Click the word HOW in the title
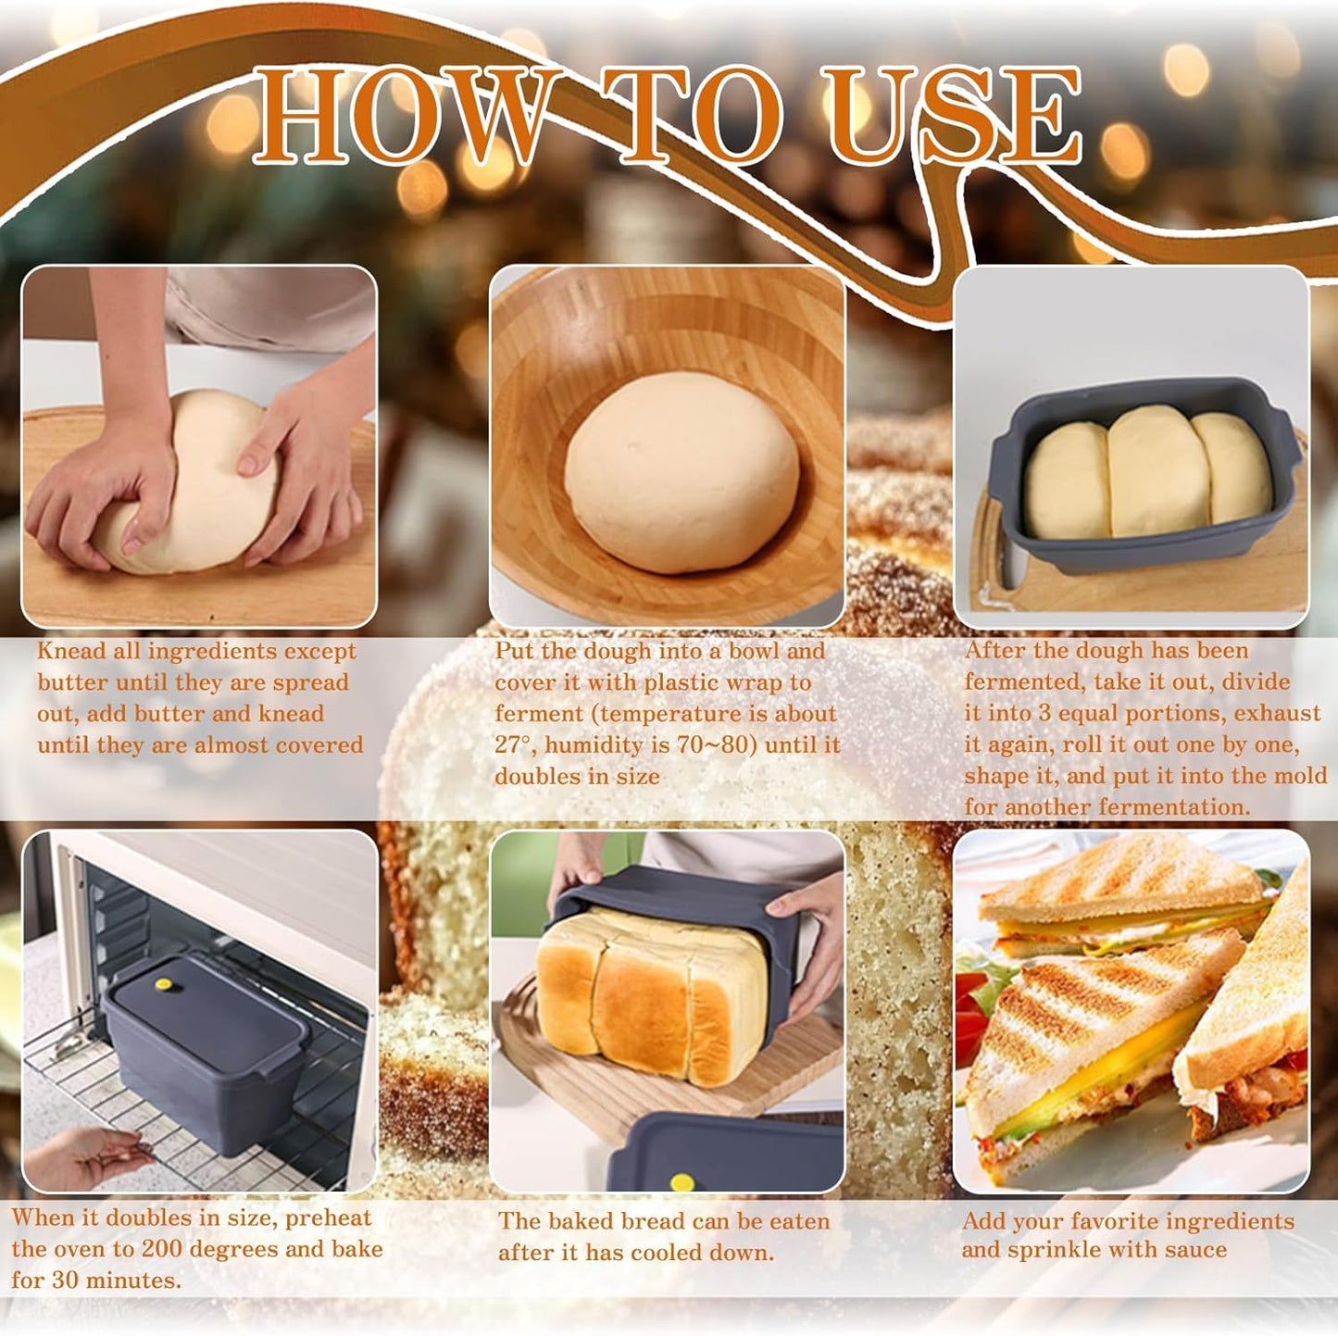tap(398, 115)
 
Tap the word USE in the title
tap(954, 115)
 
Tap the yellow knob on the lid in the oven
tap(165, 983)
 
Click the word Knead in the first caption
tap(71, 651)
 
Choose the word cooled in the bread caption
tap(661, 1253)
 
